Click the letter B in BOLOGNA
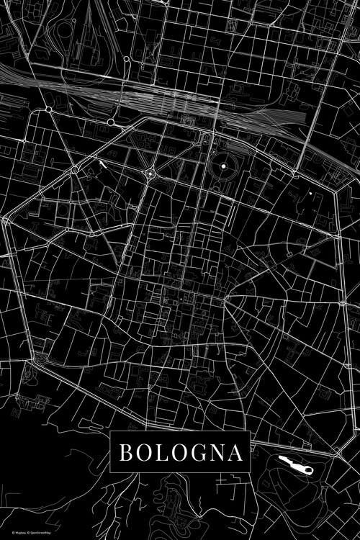(124, 453)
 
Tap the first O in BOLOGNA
(141, 453)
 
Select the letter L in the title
(158, 453)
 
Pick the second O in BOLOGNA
(174, 453)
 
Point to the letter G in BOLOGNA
(193, 453)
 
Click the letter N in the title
(213, 453)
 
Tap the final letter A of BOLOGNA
(233, 453)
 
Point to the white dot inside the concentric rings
(223, 167)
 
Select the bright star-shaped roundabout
(150, 173)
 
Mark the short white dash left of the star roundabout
(102, 163)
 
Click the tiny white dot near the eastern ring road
(310, 193)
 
